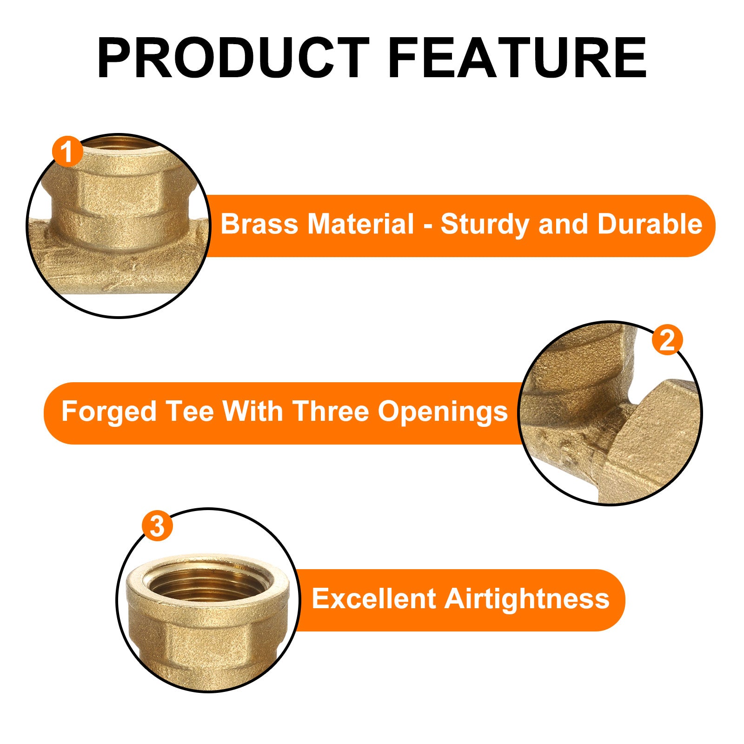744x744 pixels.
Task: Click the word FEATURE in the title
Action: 517,58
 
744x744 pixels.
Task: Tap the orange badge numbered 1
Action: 68,151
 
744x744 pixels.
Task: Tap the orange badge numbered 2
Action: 667,340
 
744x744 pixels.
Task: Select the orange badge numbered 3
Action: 157,526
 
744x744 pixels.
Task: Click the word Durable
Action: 650,224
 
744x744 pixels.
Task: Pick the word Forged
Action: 109,412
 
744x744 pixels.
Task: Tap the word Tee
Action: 190,412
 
